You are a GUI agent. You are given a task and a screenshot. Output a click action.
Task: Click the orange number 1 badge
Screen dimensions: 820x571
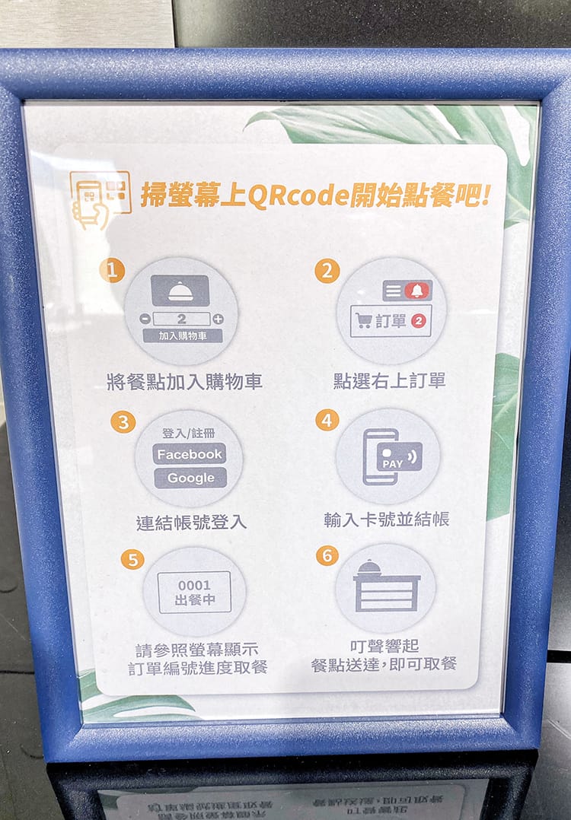click(113, 269)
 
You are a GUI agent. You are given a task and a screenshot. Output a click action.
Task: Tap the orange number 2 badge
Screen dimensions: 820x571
click(327, 270)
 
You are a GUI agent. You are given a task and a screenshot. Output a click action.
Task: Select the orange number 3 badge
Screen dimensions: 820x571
click(123, 421)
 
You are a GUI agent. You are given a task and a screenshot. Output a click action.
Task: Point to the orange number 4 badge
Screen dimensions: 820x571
click(327, 420)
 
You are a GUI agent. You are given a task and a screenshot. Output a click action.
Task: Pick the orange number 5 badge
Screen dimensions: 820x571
click(132, 559)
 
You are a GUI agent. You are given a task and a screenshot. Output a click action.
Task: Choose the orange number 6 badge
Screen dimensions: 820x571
click(327, 555)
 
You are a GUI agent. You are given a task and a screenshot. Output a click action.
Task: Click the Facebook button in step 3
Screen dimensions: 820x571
click(190, 454)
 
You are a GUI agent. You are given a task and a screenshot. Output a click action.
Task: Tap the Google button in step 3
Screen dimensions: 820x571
click(190, 478)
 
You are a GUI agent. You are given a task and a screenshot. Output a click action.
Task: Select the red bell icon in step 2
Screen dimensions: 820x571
click(416, 290)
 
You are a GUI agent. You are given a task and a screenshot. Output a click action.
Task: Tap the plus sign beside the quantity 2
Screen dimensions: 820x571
click(218, 319)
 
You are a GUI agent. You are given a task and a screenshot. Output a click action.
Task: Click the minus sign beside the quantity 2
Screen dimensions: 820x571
click(145, 319)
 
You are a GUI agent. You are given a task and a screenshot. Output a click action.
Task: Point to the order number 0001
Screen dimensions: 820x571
click(193, 584)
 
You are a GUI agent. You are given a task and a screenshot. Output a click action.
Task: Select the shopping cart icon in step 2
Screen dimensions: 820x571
click(364, 321)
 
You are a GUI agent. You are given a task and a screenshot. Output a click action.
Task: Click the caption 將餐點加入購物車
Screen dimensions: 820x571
click(184, 382)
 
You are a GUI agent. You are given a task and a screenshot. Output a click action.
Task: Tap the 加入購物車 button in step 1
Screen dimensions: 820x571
click(182, 335)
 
